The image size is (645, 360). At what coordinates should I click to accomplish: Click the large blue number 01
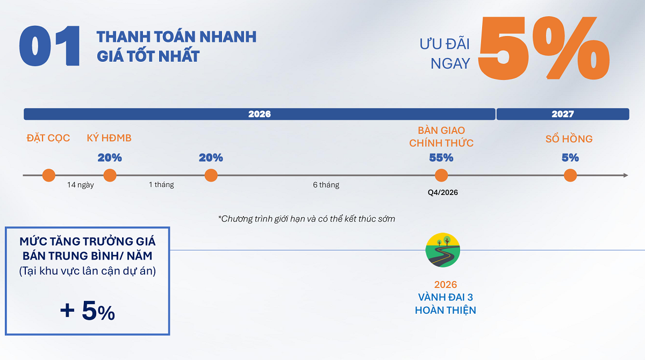click(49, 46)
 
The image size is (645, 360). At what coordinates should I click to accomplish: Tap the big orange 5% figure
click(543, 48)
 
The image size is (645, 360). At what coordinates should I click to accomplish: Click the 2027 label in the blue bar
click(563, 114)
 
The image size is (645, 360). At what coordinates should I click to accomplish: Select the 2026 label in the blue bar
click(260, 114)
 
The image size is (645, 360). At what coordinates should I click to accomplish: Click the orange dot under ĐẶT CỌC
click(49, 175)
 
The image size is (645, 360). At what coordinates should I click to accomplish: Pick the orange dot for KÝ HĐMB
click(110, 175)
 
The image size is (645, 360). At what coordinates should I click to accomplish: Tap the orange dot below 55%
click(441, 175)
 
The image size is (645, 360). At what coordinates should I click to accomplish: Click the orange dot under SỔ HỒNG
click(570, 175)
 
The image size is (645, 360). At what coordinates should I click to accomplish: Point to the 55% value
click(441, 157)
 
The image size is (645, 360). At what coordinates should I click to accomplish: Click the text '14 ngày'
click(81, 185)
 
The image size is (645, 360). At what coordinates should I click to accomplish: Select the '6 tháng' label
click(326, 185)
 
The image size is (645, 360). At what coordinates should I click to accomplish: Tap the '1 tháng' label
click(161, 184)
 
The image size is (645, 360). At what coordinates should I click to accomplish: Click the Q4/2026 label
click(442, 192)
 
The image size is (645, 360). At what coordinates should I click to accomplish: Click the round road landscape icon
click(442, 250)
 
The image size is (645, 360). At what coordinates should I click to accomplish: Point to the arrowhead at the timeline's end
click(626, 175)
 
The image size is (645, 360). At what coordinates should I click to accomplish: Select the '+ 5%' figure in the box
click(88, 311)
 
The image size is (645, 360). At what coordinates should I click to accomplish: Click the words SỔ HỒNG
click(569, 139)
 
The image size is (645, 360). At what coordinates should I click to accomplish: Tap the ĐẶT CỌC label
click(48, 138)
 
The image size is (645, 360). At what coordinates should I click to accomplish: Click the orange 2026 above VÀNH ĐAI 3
click(446, 285)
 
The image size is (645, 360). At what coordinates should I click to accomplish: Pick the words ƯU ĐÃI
click(445, 44)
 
